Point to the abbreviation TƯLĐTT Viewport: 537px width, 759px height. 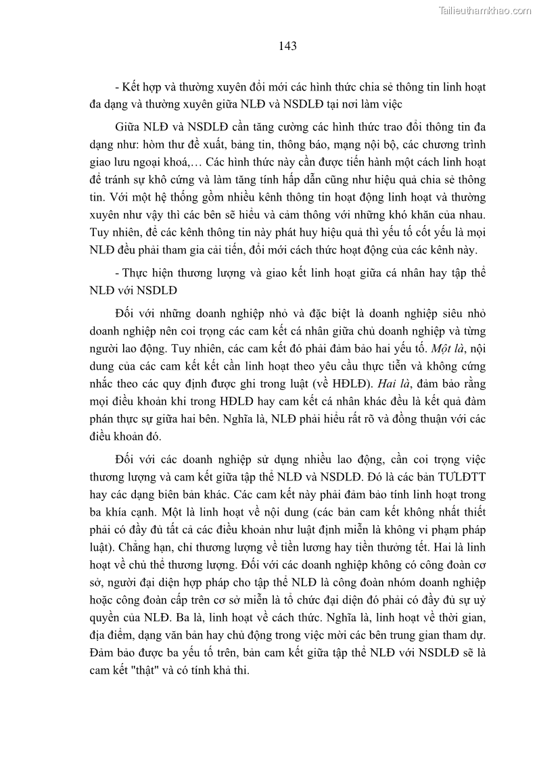point(448,475)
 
